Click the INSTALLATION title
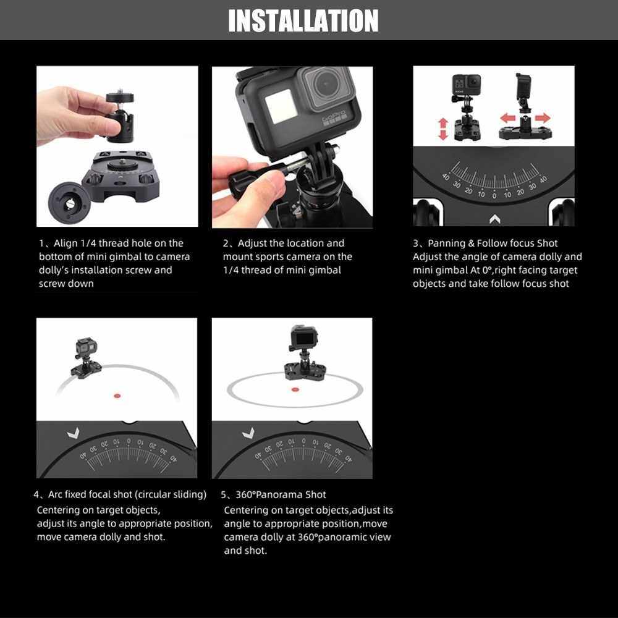click(x=303, y=20)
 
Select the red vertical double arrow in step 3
click(x=443, y=129)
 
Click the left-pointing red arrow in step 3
click(x=507, y=117)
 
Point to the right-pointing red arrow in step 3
click(x=543, y=117)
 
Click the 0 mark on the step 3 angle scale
click(x=494, y=195)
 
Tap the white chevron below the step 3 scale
click(x=494, y=219)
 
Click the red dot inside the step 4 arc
click(x=117, y=396)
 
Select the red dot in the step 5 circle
click(x=295, y=389)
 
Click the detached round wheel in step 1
click(x=69, y=203)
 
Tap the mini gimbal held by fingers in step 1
click(x=120, y=117)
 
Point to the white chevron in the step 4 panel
click(x=74, y=433)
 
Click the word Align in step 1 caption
click(x=66, y=243)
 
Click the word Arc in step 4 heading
click(x=55, y=494)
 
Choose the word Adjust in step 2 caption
click(x=252, y=243)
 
